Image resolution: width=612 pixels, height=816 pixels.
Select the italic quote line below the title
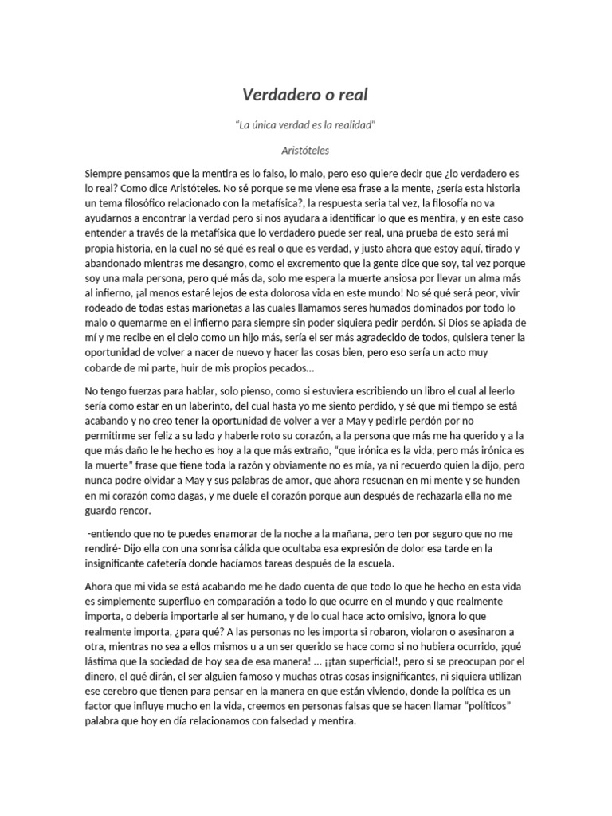click(x=306, y=126)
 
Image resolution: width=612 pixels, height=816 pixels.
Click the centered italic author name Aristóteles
click(x=306, y=149)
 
